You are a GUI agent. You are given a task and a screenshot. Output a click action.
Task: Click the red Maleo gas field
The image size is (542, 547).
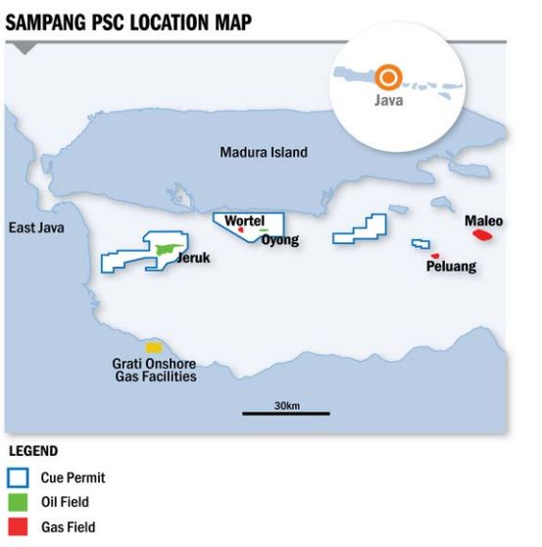coord(482,234)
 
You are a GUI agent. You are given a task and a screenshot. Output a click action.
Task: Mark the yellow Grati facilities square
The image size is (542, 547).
coord(153,347)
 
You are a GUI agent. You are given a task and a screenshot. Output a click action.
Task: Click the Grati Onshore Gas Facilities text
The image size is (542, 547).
coord(154,370)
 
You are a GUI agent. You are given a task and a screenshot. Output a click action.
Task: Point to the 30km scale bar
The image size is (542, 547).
coord(286,414)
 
